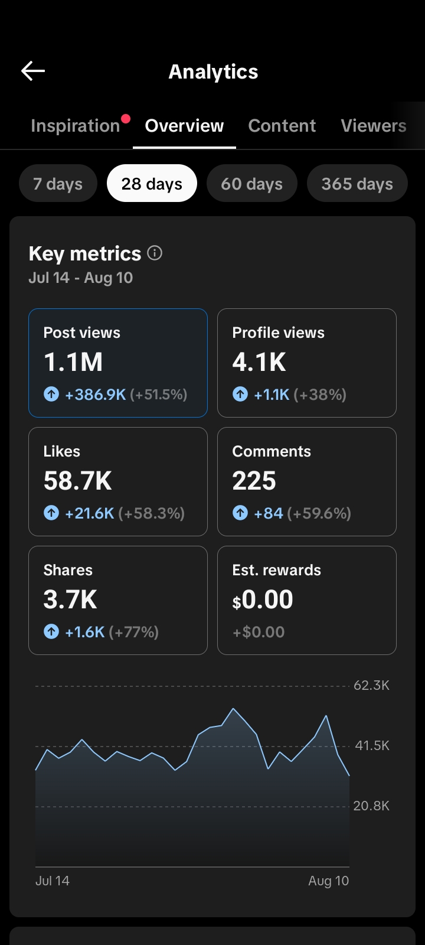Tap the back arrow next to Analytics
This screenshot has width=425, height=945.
33,70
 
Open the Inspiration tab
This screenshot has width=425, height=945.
76,126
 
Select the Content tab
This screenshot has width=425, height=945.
282,126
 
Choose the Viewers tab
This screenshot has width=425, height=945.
374,126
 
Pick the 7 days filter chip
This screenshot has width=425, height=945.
58,183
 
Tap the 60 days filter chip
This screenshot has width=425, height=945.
251,183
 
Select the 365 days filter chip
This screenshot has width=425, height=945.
357,183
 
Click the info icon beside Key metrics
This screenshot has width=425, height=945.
155,253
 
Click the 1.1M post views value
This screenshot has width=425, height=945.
73,362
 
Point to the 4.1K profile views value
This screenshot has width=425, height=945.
259,362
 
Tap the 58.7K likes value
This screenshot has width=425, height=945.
77,481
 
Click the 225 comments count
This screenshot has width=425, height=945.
254,481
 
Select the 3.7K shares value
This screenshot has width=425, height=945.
70,599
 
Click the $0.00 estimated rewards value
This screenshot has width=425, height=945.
262,599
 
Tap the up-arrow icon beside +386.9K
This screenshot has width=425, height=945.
51,395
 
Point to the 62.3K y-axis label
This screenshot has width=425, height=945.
371,686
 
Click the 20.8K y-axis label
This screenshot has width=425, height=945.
371,806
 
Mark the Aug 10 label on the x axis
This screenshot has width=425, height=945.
328,881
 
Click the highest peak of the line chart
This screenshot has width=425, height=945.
233,709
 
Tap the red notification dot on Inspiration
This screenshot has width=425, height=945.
126,119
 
